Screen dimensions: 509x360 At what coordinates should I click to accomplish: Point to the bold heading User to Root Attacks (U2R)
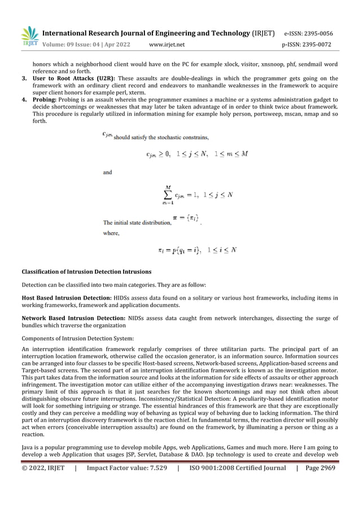point(74,78)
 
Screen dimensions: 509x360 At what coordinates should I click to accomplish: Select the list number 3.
point(24,78)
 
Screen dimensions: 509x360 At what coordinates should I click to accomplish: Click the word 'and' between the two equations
point(107,173)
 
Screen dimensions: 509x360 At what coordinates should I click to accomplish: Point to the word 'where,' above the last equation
point(111,231)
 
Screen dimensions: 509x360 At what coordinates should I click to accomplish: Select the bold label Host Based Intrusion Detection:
point(65,297)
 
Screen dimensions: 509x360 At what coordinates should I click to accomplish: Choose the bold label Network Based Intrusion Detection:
point(73,318)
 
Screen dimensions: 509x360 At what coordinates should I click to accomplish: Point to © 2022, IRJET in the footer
point(43,484)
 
